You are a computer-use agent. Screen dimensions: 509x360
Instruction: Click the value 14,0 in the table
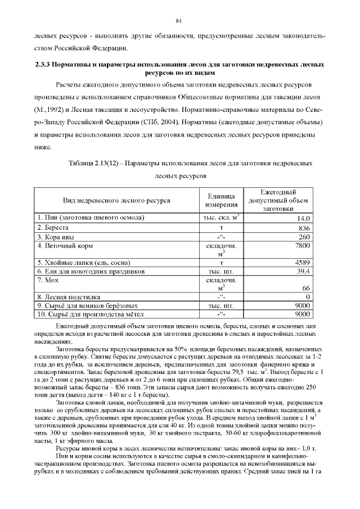304,218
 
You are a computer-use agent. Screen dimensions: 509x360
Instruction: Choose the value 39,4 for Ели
304,271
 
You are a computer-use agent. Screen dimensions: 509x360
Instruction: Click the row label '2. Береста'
53,228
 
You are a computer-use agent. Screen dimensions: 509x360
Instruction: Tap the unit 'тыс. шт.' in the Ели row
221,271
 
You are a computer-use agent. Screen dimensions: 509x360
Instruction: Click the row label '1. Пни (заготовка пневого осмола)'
91,218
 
